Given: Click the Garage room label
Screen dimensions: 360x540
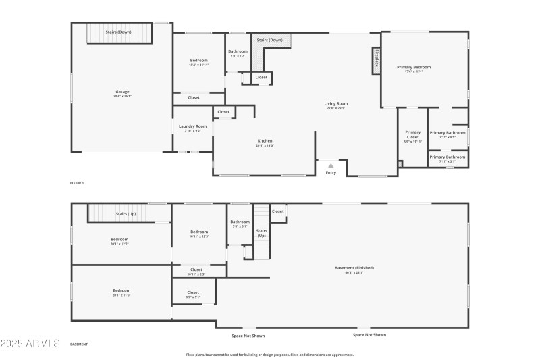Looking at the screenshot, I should pyautogui.click(x=122, y=92).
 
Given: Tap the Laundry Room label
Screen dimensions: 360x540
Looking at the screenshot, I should pyautogui.click(x=192, y=126).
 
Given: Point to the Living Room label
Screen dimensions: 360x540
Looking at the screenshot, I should pyautogui.click(x=335, y=104).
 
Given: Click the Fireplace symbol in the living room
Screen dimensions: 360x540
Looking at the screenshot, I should pyautogui.click(x=376, y=61).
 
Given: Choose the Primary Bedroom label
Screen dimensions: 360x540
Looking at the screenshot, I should pyautogui.click(x=413, y=68).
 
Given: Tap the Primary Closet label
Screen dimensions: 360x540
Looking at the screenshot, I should pyautogui.click(x=412, y=134).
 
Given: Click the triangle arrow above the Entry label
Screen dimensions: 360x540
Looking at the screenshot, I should pyautogui.click(x=331, y=165).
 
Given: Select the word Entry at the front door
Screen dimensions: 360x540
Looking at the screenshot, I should pyautogui.click(x=331, y=173).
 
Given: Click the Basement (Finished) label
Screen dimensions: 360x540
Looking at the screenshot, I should pyautogui.click(x=354, y=268).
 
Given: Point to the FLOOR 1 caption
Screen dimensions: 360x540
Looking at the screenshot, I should pyautogui.click(x=77, y=183).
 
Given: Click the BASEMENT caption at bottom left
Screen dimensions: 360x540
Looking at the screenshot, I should pyautogui.click(x=79, y=344).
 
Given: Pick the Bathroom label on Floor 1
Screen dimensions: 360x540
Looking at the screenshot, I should pyautogui.click(x=238, y=51).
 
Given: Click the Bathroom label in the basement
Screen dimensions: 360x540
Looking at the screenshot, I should pyautogui.click(x=240, y=222).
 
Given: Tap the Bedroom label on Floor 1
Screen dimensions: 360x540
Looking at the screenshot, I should pyautogui.click(x=198, y=61).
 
